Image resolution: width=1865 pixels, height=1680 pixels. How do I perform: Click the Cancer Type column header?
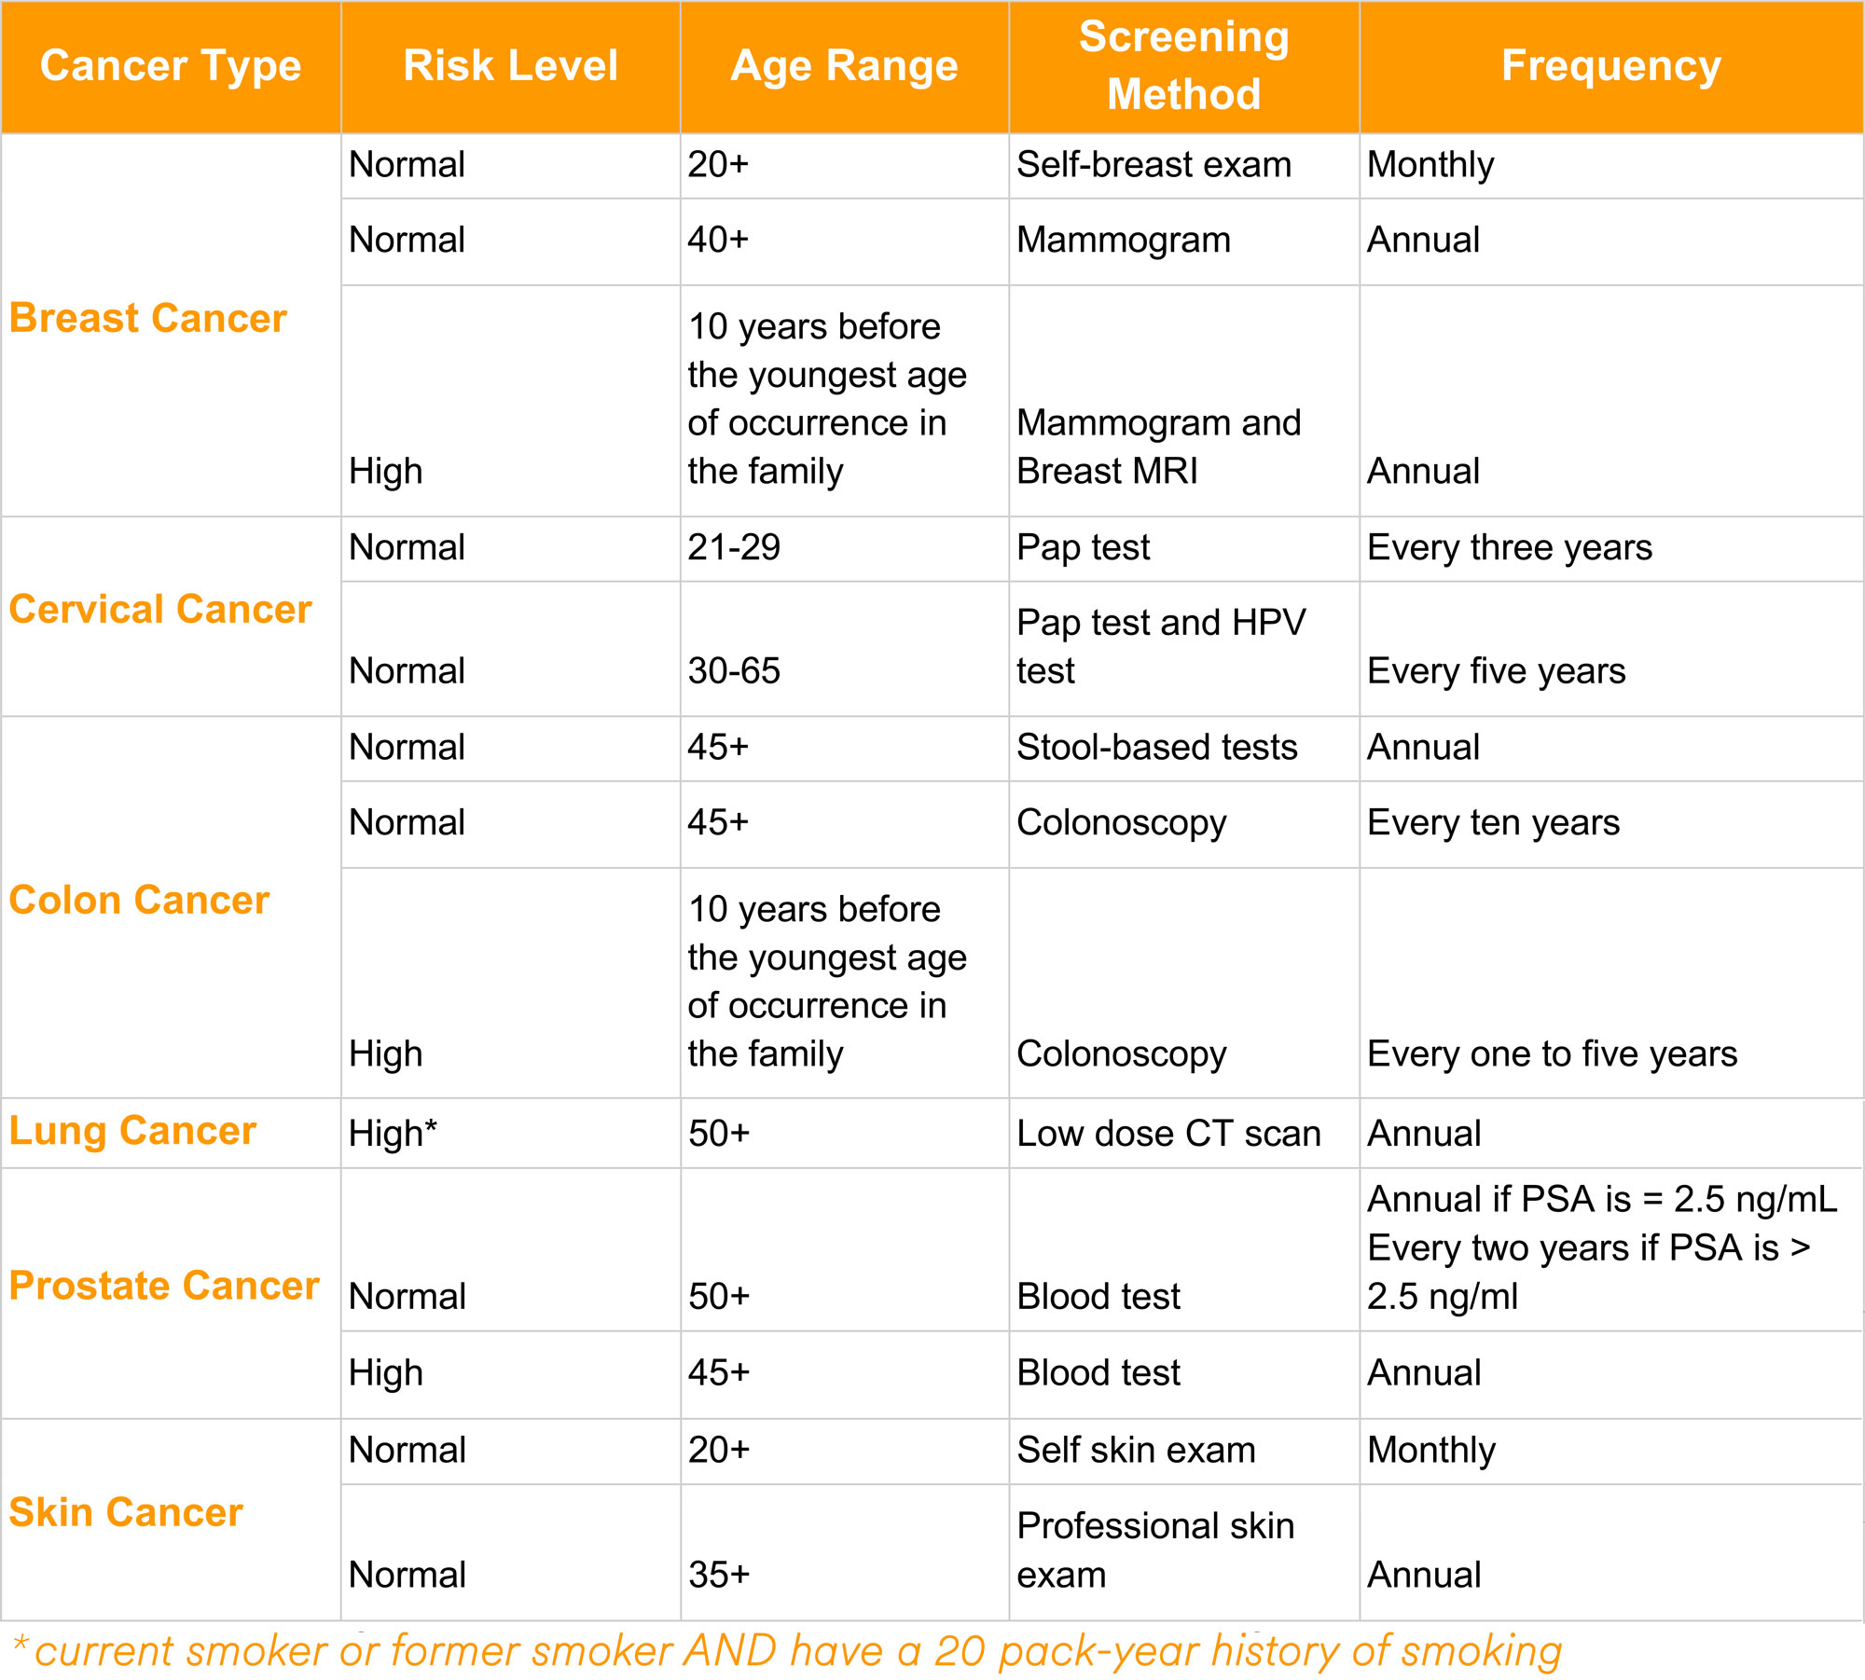(x=171, y=66)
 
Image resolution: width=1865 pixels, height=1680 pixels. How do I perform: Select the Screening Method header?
(x=1183, y=66)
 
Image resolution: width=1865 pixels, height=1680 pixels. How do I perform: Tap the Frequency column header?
(x=1610, y=66)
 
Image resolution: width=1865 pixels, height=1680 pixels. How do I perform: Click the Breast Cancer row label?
(x=147, y=318)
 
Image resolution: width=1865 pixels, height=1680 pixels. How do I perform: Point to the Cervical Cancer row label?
(x=160, y=610)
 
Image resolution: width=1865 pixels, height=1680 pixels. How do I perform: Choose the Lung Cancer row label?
(x=132, y=1131)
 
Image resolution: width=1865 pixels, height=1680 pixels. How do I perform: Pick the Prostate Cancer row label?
(x=164, y=1286)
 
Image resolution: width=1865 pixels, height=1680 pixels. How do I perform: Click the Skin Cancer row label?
(x=126, y=1512)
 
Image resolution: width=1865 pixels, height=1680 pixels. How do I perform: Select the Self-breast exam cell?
(x=1154, y=165)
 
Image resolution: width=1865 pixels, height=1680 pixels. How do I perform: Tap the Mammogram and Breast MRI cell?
(x=1158, y=447)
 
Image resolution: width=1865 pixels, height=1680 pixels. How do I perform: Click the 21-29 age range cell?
(x=734, y=547)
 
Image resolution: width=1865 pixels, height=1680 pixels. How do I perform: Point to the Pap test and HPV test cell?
(x=1161, y=646)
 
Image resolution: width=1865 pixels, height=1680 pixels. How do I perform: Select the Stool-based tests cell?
(x=1156, y=748)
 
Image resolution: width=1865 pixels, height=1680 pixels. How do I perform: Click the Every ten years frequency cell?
(x=1493, y=823)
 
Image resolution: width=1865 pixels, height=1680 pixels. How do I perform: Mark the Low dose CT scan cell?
(x=1168, y=1134)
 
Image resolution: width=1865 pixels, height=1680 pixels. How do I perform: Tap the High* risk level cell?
(x=393, y=1134)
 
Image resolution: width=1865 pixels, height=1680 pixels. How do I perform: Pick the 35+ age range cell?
(x=719, y=1575)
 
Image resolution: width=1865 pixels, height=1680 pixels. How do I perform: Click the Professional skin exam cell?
(x=1155, y=1550)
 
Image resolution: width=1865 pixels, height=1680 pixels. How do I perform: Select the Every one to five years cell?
(x=1552, y=1054)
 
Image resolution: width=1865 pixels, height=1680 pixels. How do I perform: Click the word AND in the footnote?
(x=730, y=1651)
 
